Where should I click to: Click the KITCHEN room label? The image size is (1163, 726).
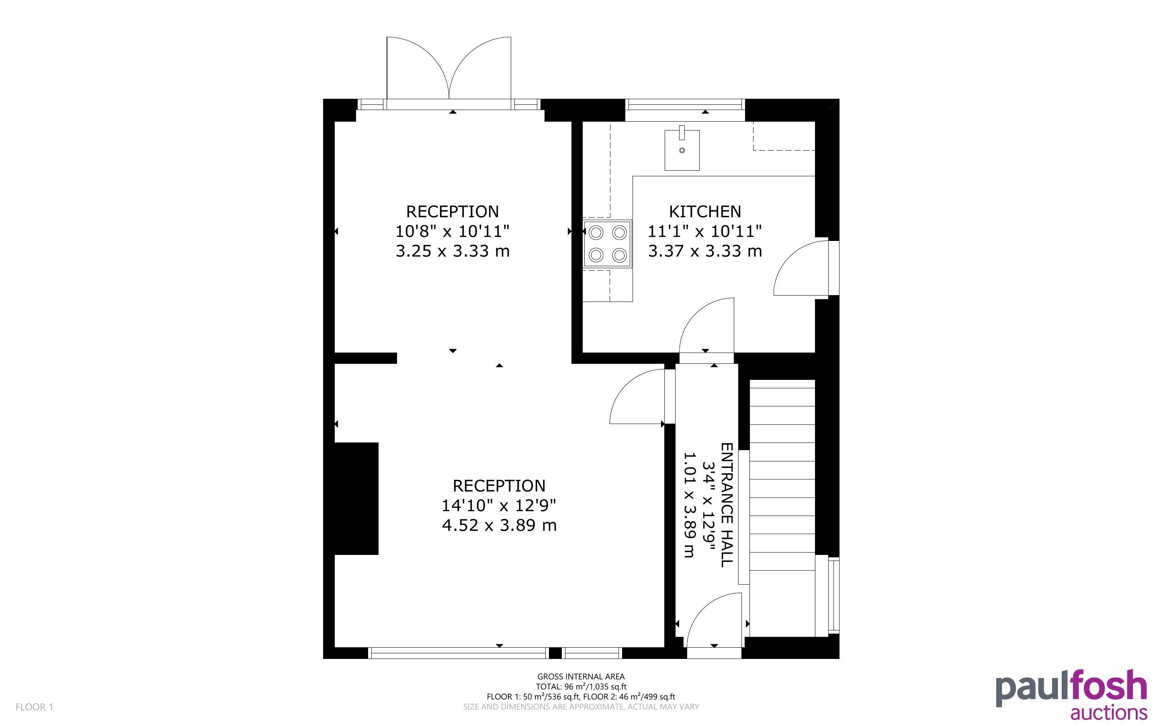(705, 212)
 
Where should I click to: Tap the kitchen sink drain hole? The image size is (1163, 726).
(682, 150)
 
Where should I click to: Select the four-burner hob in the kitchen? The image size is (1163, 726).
(607, 244)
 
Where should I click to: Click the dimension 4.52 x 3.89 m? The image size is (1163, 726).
(499, 525)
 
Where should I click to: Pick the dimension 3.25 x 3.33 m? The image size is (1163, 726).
(453, 251)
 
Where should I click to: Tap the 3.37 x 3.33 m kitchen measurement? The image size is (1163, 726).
(705, 251)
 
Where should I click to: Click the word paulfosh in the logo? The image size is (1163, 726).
(1071, 687)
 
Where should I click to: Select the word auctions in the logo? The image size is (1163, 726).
(1109, 712)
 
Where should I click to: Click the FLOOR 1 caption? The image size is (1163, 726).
(34, 707)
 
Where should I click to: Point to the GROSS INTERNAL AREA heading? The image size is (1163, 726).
(581, 677)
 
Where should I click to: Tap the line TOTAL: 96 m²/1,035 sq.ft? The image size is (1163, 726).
(581, 687)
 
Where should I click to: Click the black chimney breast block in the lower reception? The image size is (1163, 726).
(356, 498)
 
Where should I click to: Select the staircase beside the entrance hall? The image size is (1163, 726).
(782, 508)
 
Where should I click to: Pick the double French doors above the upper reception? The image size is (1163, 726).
(448, 68)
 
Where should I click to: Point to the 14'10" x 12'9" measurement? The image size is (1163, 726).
(499, 505)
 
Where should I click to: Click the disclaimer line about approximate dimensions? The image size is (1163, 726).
(581, 706)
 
